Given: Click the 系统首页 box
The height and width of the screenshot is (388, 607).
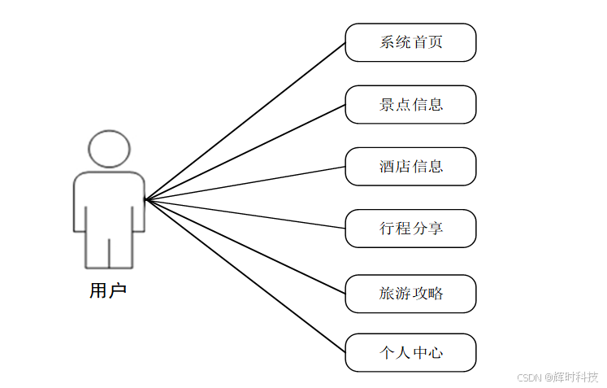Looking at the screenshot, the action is (x=410, y=42).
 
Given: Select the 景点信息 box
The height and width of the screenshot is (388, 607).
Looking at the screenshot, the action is (x=410, y=104).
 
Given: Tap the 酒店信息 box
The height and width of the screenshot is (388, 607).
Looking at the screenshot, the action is (x=410, y=167).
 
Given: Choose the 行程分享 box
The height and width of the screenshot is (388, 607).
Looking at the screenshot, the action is (x=410, y=229).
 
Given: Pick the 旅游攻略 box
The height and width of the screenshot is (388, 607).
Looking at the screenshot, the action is (x=410, y=294).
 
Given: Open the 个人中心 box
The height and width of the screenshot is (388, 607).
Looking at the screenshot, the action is (x=410, y=353).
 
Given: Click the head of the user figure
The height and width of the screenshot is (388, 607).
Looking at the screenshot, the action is (x=109, y=150).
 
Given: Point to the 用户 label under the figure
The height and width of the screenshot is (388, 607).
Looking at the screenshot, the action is (x=108, y=290).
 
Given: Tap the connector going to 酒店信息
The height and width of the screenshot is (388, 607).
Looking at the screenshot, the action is (x=245, y=183).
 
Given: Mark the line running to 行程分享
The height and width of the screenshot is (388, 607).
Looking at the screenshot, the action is (x=245, y=214).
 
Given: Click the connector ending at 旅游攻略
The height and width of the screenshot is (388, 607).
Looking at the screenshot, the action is (x=245, y=246).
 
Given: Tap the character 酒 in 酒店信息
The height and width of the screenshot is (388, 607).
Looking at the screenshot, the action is (x=387, y=167).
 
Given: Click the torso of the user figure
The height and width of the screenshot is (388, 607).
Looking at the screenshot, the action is (x=109, y=203).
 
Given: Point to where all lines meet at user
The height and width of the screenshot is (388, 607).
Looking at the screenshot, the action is (x=145, y=198).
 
